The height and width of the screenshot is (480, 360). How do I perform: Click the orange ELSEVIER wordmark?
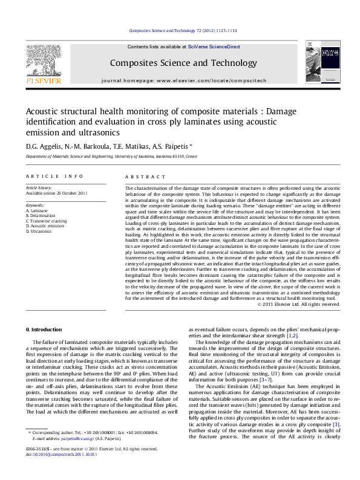point(43,80)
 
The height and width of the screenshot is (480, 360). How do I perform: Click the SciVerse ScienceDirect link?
point(214,47)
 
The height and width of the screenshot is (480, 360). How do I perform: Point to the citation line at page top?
point(180,30)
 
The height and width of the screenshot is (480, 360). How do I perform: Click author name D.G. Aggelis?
point(42,146)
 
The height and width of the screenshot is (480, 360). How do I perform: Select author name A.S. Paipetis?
point(172,146)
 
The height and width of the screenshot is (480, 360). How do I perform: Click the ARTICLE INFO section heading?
point(54,177)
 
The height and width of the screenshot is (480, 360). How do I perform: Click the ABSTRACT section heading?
point(145,177)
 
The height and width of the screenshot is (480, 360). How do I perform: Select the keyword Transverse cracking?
point(47,221)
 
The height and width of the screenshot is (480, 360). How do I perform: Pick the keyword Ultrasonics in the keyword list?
point(41,231)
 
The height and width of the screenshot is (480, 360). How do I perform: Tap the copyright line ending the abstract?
point(298,304)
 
